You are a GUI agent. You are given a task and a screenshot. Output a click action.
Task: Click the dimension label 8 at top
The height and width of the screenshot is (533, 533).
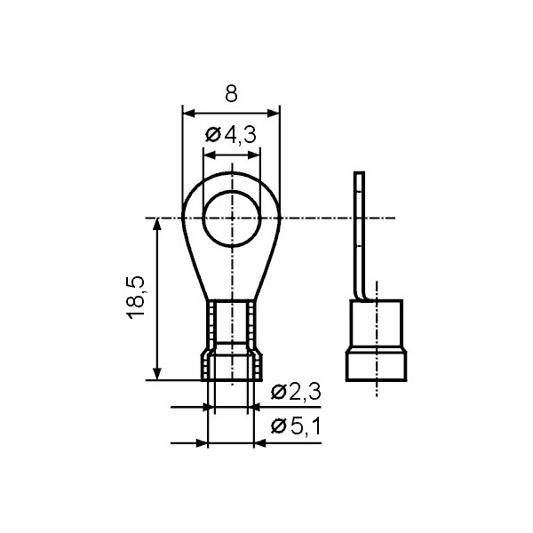pos(231,93)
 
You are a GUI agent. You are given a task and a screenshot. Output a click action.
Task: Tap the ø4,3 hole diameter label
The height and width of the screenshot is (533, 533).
pos(230,135)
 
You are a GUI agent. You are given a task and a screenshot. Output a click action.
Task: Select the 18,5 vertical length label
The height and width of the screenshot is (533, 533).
pos(136,298)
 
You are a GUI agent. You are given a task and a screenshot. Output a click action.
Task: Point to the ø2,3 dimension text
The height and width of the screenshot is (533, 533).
pos(296,393)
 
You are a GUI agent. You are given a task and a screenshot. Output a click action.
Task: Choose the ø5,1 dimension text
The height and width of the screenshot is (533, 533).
pos(296,426)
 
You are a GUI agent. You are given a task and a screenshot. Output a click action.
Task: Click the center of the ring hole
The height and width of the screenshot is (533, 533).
pos(232,218)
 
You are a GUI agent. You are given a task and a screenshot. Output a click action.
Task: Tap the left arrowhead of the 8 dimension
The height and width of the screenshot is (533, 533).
pos(189,114)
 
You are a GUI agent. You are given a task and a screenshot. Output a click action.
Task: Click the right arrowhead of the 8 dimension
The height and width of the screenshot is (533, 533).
pos(273,114)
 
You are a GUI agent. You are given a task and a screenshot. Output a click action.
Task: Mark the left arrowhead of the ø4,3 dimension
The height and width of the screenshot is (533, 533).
pos(210,155)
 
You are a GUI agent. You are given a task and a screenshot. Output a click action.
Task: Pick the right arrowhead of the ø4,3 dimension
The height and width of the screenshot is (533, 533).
pos(253,155)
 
